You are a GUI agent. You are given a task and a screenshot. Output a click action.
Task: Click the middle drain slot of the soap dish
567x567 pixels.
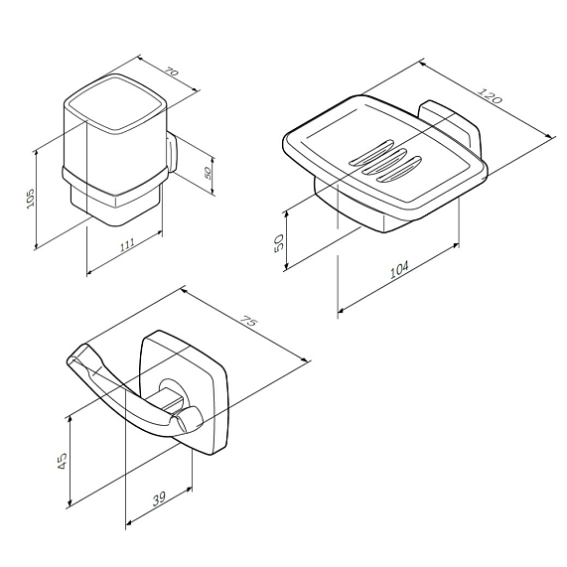(x=387, y=161)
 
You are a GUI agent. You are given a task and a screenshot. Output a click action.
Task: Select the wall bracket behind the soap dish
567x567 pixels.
(x=447, y=123)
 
